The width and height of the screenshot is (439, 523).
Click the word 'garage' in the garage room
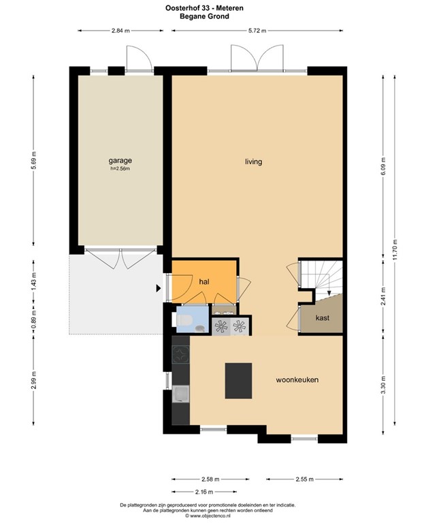(119, 161)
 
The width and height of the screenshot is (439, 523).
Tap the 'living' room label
(254, 162)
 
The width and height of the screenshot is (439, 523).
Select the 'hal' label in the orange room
(204, 281)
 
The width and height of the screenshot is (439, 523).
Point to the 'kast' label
(322, 318)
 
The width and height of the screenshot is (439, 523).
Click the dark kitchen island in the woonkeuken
(238, 381)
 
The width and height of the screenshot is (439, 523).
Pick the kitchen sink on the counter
(181, 393)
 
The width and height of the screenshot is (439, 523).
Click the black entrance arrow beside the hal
(159, 288)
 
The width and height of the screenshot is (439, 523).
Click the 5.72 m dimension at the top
(257, 31)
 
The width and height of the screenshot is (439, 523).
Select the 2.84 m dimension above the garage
(120, 31)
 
